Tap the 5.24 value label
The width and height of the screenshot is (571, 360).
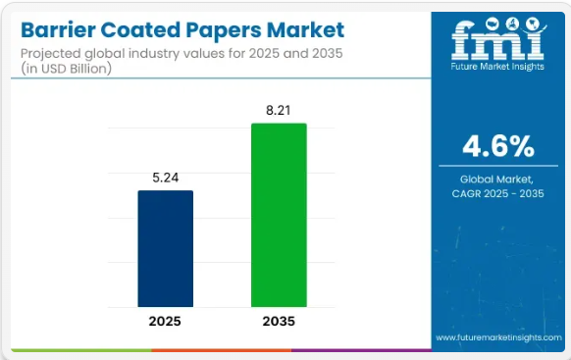pyautogui.click(x=165, y=178)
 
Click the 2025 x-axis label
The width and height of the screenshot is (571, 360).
pyautogui.click(x=165, y=321)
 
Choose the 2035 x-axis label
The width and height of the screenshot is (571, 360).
pyautogui.click(x=279, y=321)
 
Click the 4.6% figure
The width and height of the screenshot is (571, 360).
pyautogui.click(x=498, y=147)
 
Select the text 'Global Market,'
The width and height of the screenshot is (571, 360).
pyautogui.click(x=498, y=180)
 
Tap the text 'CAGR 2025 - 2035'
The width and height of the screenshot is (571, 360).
pyautogui.click(x=498, y=195)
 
